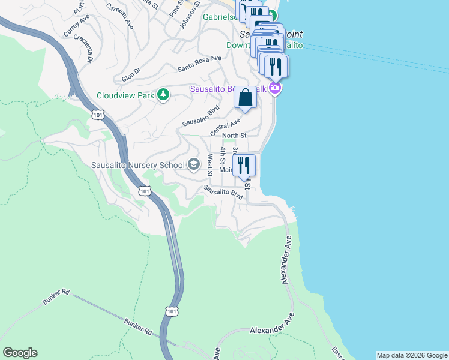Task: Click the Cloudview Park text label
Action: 125,95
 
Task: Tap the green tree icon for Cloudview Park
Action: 162,95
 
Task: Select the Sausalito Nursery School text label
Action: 138,165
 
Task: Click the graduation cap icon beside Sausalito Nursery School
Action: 194,164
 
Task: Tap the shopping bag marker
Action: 246,98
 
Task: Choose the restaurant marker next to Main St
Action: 243,165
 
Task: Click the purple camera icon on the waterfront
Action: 275,89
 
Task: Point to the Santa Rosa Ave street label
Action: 199,64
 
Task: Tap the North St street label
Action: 234,136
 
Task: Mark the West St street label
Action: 209,165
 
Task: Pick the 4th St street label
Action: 222,155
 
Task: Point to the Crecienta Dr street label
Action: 83,47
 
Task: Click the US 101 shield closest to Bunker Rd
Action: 171,310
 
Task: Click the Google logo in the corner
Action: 20,353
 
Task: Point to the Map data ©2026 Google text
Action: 412,355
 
